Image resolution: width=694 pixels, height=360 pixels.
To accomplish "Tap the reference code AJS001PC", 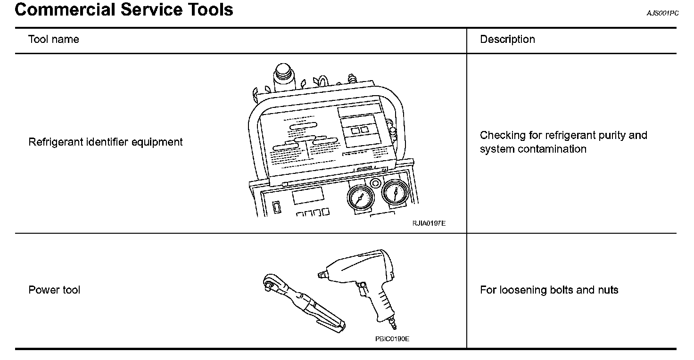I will pyautogui.click(x=663, y=13).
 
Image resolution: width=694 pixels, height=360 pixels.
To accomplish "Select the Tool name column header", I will pyautogui.click(x=53, y=39).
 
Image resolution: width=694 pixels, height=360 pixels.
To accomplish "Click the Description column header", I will pyautogui.click(x=507, y=39).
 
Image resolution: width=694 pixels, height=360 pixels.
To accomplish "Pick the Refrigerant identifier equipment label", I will pyautogui.click(x=106, y=142).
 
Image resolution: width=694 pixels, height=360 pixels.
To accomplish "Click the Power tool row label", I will pyautogui.click(x=54, y=290).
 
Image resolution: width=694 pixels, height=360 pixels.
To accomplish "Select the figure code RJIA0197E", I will pyautogui.click(x=429, y=223).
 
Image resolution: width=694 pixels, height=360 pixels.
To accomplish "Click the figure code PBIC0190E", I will pyautogui.click(x=392, y=339).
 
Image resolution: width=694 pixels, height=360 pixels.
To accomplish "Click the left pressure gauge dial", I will pyautogui.click(x=360, y=197).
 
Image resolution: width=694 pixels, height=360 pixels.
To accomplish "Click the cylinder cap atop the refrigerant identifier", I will pyautogui.click(x=283, y=72).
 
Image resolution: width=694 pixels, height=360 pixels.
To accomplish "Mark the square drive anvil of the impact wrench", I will pyautogui.click(x=322, y=274).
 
